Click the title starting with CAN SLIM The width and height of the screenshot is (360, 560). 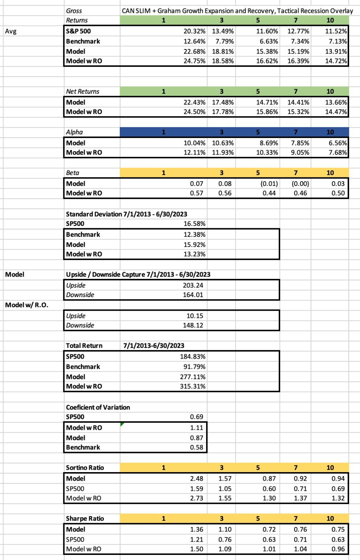pyautogui.click(x=237, y=11)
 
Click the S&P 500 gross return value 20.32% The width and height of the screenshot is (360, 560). pyautogui.click(x=194, y=31)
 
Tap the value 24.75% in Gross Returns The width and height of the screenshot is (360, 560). pyautogui.click(x=194, y=61)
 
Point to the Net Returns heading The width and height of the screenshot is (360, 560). pyautogui.click(x=82, y=91)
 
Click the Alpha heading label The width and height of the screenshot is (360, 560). pyautogui.click(x=74, y=132)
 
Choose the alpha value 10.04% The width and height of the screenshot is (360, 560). pyautogui.click(x=194, y=143)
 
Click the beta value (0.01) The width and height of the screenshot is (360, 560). pyautogui.click(x=269, y=184)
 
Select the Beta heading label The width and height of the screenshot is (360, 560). pyautogui.click(x=72, y=173)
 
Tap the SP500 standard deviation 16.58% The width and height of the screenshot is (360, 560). pyautogui.click(x=194, y=224)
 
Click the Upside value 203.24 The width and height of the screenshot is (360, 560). pyautogui.click(x=193, y=285)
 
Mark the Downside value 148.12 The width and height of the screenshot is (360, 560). pyautogui.click(x=193, y=325)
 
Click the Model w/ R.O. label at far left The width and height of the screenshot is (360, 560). pyautogui.click(x=26, y=305)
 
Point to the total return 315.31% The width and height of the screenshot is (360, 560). pyautogui.click(x=192, y=386)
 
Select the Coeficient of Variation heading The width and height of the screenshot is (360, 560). pyautogui.click(x=98, y=407)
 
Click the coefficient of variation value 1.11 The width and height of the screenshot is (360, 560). pyautogui.click(x=196, y=428)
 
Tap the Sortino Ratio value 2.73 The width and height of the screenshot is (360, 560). pyautogui.click(x=196, y=498)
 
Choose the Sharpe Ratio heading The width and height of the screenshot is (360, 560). pyautogui.click(x=85, y=518)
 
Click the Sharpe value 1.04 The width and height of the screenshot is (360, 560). pyautogui.click(x=300, y=549)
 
